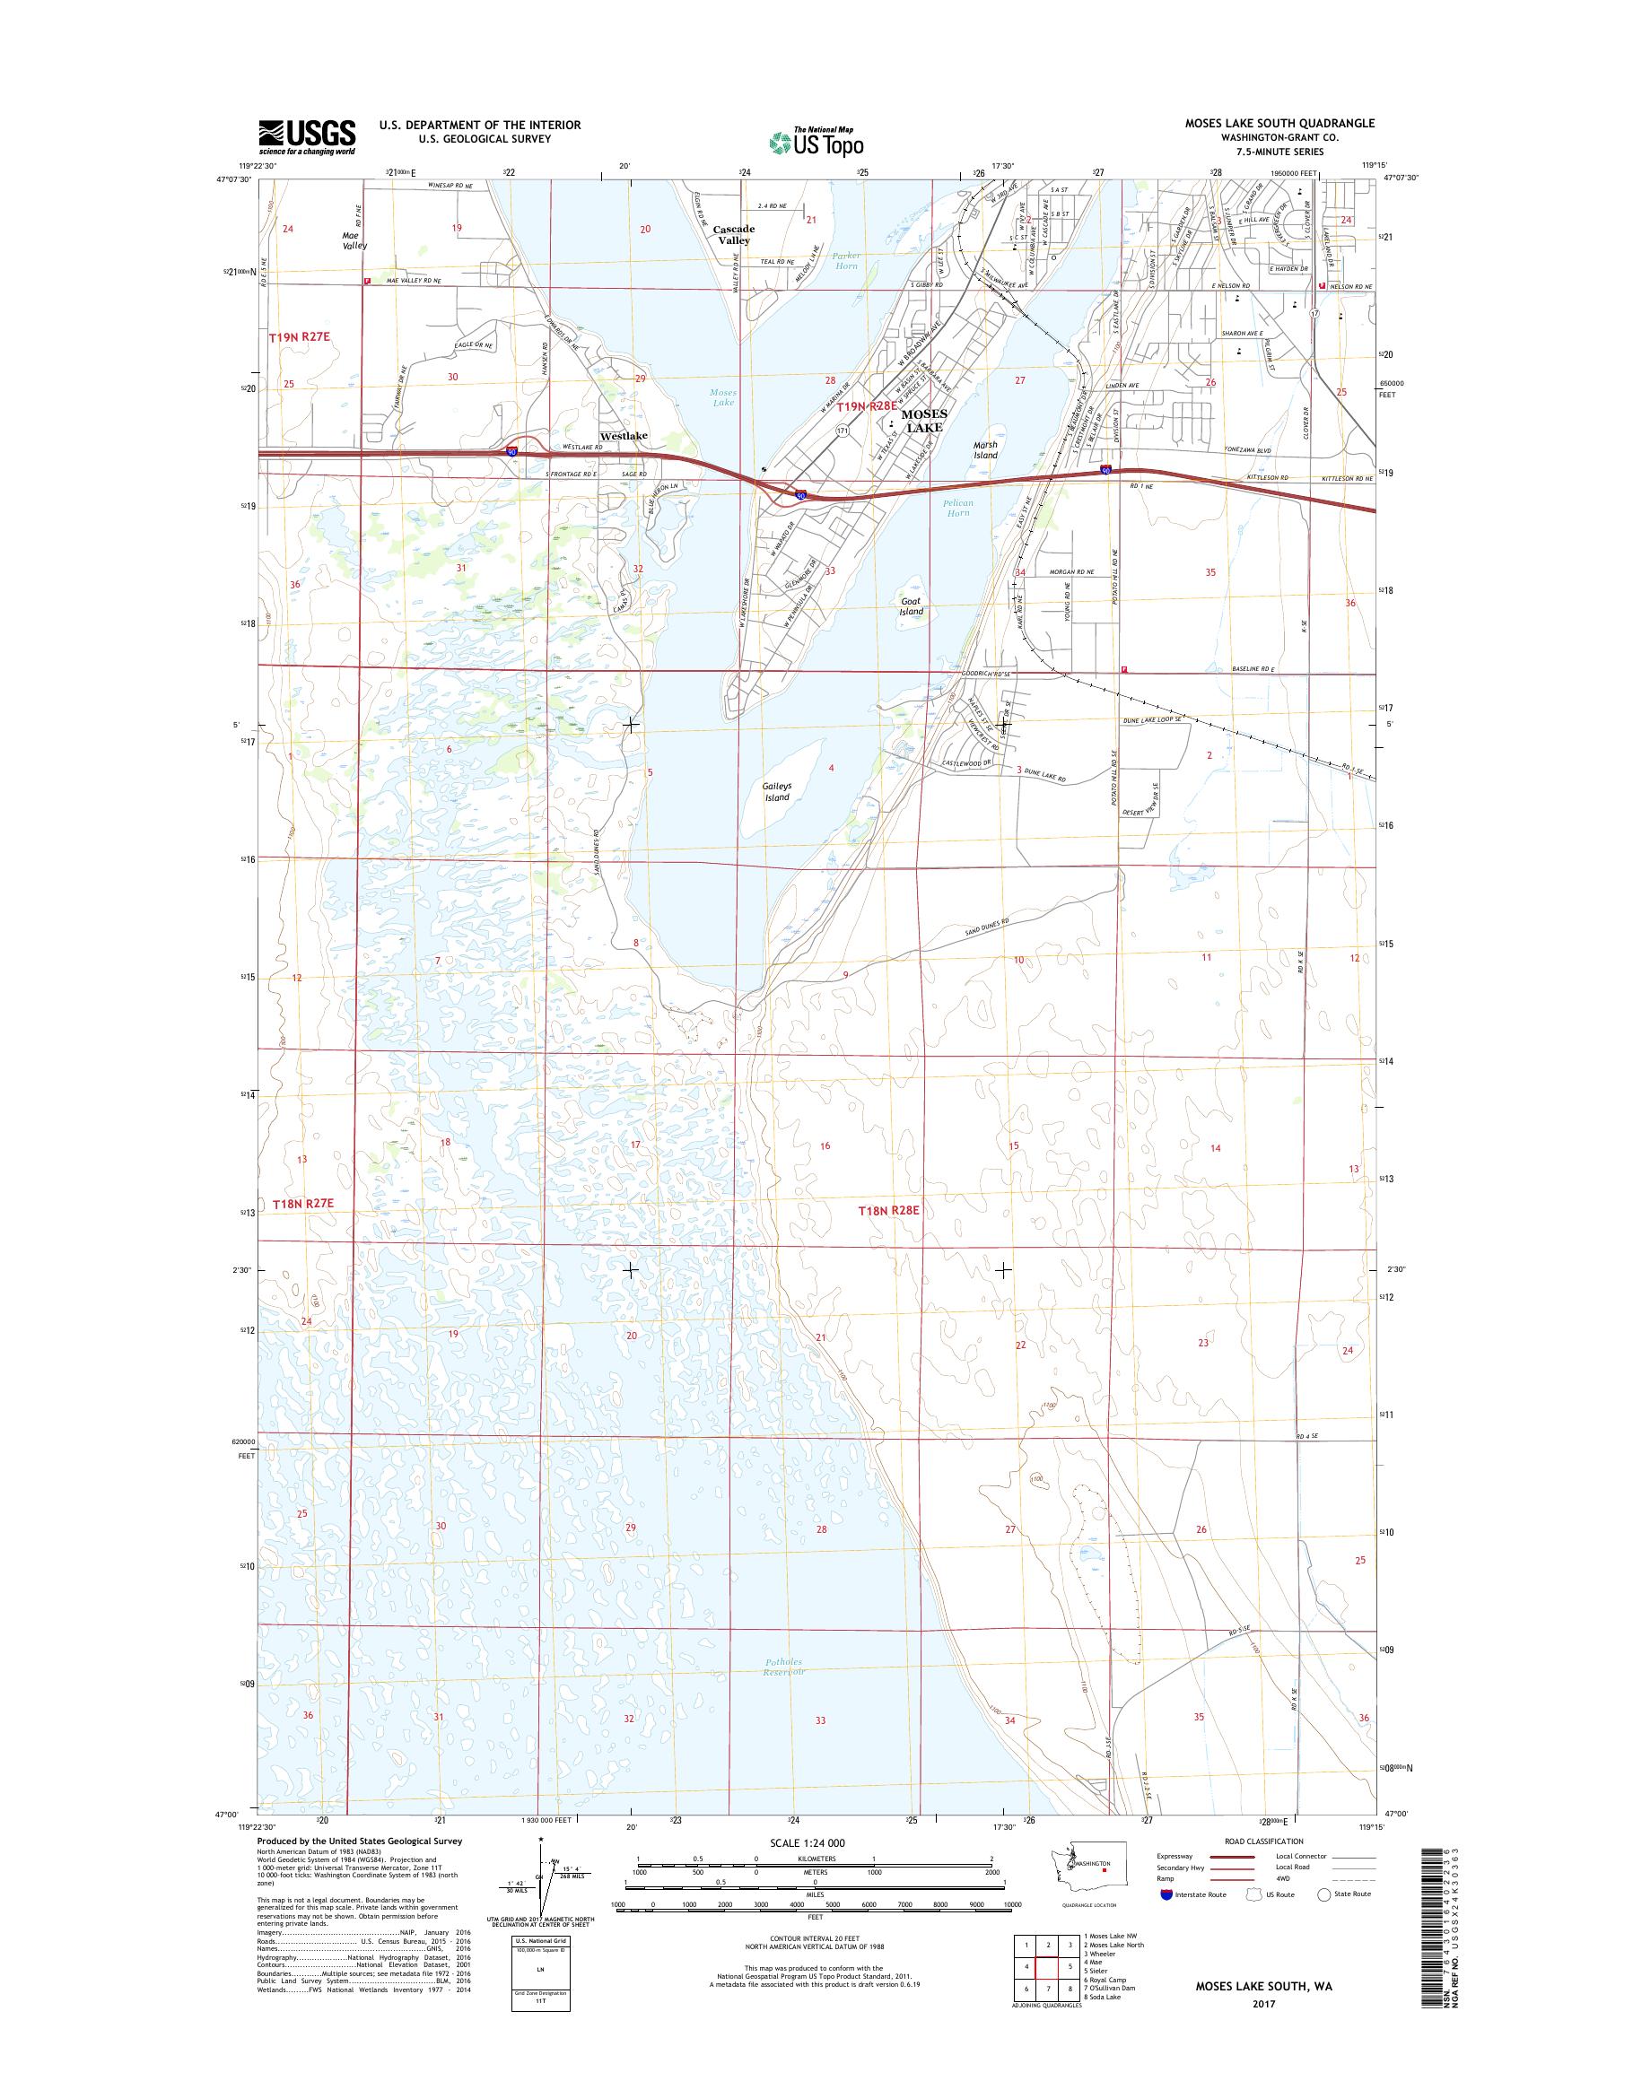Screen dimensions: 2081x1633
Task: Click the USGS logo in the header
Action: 306,136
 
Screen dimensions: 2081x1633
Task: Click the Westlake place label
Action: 623,436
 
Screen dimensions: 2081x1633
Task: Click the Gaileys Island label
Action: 776,791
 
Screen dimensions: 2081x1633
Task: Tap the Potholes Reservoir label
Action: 786,1666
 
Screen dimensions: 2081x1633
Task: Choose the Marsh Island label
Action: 985,450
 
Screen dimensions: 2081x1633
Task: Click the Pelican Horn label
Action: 958,508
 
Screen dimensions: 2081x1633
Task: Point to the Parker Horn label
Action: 845,260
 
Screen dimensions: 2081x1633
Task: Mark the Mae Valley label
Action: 354,239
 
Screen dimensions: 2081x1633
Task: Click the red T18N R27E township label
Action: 302,1205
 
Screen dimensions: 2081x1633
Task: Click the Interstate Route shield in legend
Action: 1166,1894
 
